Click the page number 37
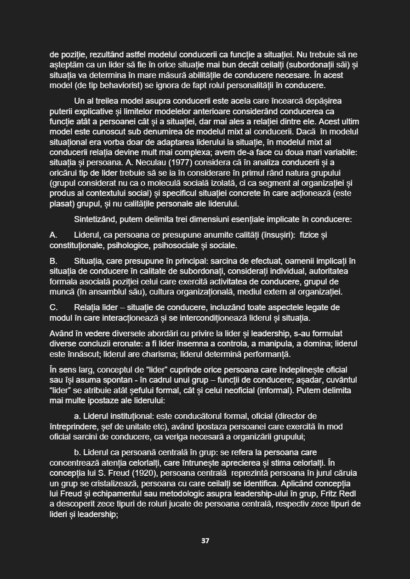pyautogui.click(x=205, y=541)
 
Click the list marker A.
pyautogui.click(x=53, y=235)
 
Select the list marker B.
pyautogui.click(x=53, y=261)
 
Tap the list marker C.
pyautogui.click(x=53, y=307)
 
